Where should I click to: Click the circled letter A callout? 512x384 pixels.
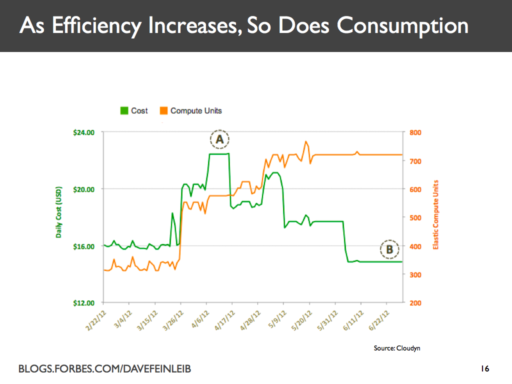click(219, 140)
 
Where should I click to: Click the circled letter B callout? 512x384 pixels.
click(389, 249)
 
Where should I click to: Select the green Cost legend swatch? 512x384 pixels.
click(124, 110)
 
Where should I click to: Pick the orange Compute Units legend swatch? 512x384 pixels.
click(163, 110)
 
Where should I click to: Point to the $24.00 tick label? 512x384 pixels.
click(83, 132)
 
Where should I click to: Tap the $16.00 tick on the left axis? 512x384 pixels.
click(83, 246)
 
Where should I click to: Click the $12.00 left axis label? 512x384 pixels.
click(83, 303)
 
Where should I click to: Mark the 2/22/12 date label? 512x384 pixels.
click(95, 319)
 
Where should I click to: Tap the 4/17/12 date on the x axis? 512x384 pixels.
click(223, 319)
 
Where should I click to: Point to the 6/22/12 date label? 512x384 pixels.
click(378, 319)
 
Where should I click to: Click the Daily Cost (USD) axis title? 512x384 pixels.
click(59, 212)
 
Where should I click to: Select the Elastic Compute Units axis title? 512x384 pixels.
click(435, 215)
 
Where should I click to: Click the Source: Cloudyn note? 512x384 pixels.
click(396, 348)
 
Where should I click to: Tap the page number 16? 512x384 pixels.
click(484, 369)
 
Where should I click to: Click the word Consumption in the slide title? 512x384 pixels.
click(402, 25)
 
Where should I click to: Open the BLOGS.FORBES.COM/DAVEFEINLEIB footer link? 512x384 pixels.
click(104, 369)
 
